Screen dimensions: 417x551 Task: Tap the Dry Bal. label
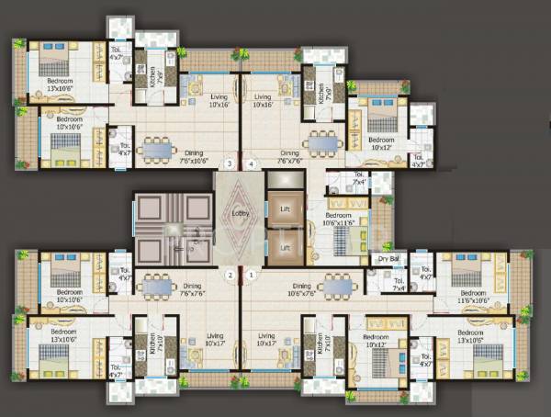pyautogui.click(x=390, y=260)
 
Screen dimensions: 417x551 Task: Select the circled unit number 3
pyautogui.click(x=218, y=164)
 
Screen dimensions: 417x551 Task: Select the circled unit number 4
pyautogui.click(x=252, y=164)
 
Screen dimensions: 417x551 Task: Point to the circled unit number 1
pyautogui.click(x=251, y=274)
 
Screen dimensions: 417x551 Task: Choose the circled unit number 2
pyautogui.click(x=231, y=274)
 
